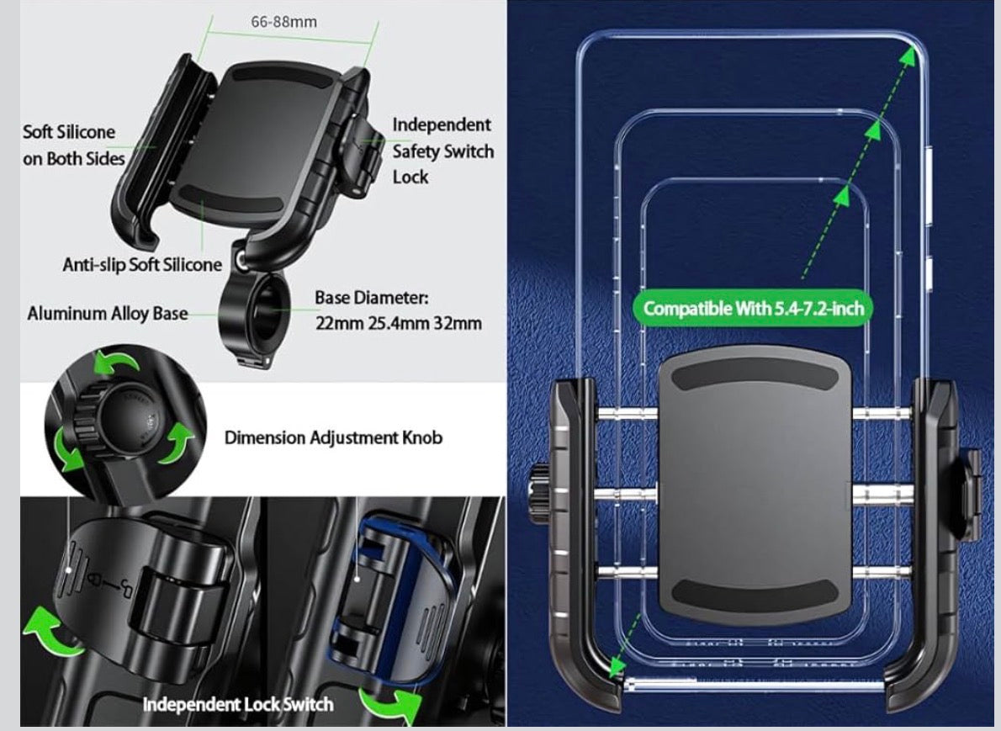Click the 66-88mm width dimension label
283,22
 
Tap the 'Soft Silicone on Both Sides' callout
73,145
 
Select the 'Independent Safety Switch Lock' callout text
443,151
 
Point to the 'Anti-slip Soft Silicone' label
142,264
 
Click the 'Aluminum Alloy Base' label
108,314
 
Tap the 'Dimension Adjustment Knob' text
333,438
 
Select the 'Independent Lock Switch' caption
237,704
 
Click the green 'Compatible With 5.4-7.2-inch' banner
754,309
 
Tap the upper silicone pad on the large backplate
754,378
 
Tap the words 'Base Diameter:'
372,298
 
